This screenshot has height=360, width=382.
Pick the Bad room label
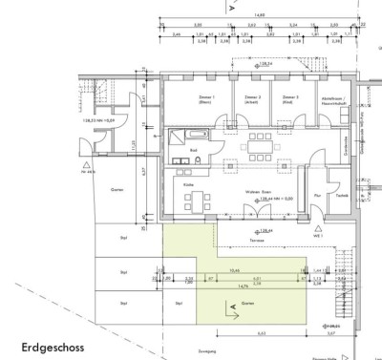(193, 150)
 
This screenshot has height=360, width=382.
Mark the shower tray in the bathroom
(179, 139)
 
